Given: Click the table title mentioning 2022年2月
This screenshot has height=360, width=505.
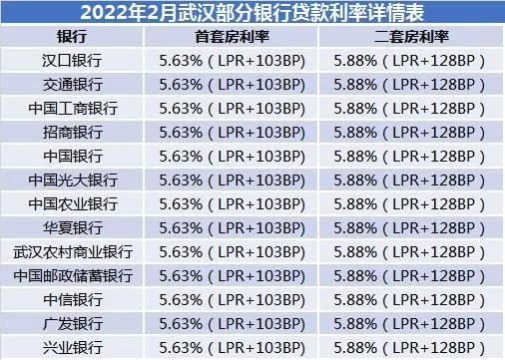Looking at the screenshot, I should point(252,13).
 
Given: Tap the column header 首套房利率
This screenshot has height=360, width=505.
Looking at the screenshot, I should point(233,37).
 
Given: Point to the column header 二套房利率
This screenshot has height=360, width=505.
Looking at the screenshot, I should point(410,37).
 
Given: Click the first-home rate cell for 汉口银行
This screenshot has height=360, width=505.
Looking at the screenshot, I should point(233,61).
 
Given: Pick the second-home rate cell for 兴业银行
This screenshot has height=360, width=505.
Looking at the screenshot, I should point(410,348).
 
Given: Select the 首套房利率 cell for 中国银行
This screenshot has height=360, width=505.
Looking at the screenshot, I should point(233,157).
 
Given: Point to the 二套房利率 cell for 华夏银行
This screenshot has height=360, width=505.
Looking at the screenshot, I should point(410,228).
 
